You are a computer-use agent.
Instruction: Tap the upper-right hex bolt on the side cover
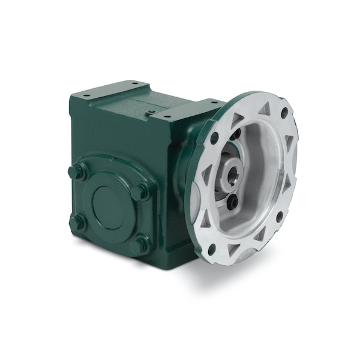coord(141,191)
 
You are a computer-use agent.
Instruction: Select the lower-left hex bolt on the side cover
coord(77,223)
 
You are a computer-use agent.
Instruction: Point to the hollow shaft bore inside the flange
coord(230,174)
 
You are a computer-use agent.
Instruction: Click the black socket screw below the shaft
coord(232,202)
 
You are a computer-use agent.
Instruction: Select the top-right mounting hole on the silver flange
coord(284,112)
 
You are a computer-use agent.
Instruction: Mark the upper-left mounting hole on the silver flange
coord(214,137)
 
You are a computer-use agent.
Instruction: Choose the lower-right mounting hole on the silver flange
coord(280,215)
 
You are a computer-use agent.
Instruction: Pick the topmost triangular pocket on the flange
coord(264,109)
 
